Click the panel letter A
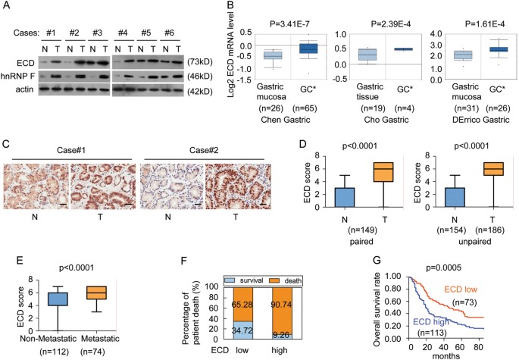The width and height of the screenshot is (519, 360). [7, 7]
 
